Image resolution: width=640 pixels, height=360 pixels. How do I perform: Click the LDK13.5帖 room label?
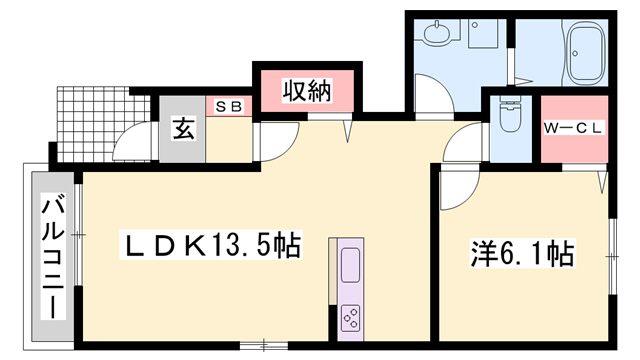tap(211, 245)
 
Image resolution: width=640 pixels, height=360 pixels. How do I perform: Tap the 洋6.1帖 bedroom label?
tap(522, 254)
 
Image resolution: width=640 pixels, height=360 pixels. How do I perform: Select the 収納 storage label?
tap(307, 90)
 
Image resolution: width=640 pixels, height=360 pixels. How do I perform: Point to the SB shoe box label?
tap(229, 107)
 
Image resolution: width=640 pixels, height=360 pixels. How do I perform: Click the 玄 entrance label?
tap(183, 128)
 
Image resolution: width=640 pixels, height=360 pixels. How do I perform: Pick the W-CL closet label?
tap(573, 128)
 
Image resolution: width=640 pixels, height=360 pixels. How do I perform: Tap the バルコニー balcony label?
tap(53, 257)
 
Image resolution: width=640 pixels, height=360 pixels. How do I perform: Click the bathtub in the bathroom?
tap(585, 52)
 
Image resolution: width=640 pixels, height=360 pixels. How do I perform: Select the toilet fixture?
tap(510, 114)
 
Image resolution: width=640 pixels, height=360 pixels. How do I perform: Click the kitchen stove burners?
tap(351, 318)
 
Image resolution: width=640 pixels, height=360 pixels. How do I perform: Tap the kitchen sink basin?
tap(350, 265)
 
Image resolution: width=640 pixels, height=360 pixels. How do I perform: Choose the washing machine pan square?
tap(483, 33)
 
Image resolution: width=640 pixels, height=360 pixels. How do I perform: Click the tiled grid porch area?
tap(102, 123)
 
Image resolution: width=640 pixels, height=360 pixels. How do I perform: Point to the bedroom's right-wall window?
tap(612, 256)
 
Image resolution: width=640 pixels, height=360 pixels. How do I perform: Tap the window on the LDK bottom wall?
tap(264, 346)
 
